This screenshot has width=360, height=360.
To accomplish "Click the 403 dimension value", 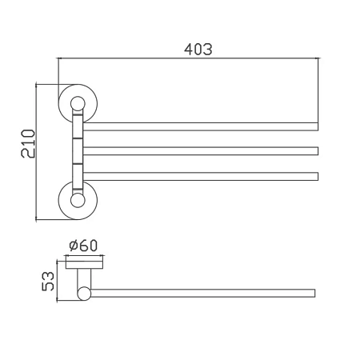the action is click(x=198, y=50).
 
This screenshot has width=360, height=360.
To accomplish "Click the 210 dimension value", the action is click(x=28, y=143).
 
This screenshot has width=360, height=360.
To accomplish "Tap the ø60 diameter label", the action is click(x=83, y=246).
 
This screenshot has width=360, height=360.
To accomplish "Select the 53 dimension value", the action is click(x=48, y=281).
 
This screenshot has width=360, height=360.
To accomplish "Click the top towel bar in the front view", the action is click(x=201, y=126).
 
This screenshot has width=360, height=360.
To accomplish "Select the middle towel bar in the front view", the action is click(x=201, y=151).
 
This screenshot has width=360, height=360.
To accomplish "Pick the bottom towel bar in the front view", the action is click(x=201, y=176).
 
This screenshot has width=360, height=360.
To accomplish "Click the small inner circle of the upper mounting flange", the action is click(x=78, y=103).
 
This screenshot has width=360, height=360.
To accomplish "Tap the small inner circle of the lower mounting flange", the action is click(x=78, y=201).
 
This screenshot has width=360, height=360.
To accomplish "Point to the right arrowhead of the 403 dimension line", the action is click(x=317, y=58).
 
